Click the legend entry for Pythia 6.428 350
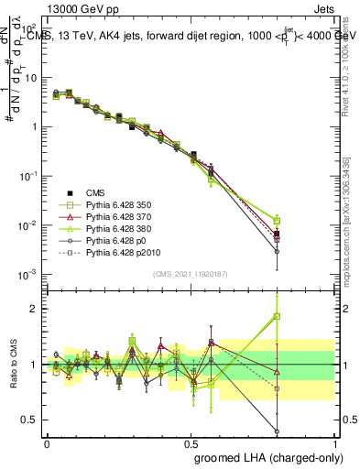click(118, 206)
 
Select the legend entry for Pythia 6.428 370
click(118, 220)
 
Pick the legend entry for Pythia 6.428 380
click(118, 234)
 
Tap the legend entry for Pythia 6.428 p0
click(116, 247)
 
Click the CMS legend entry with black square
click(95, 192)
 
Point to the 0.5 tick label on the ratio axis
click(28, 420)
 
